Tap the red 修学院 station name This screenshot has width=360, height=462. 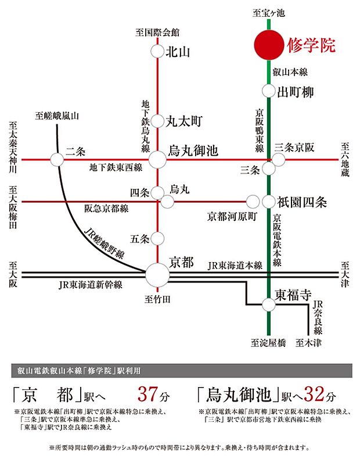[311, 46]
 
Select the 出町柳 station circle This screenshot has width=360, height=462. [268, 91]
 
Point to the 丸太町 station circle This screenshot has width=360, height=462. [157, 120]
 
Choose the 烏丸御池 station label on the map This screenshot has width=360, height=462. [192, 152]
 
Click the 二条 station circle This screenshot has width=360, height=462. [57, 159]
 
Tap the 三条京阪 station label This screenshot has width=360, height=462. [294, 148]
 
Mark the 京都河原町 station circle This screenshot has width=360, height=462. [253, 202]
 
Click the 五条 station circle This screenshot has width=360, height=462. [157, 238]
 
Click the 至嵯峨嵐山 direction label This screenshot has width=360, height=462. [56, 116]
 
